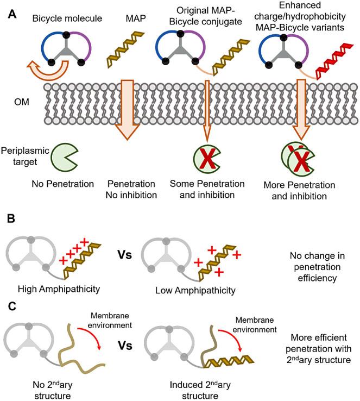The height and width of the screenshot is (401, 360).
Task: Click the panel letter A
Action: [x=12, y=14]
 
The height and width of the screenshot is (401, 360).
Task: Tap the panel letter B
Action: [x=11, y=219]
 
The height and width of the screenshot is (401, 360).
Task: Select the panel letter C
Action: [x=12, y=306]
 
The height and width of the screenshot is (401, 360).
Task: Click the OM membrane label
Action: [x=22, y=102]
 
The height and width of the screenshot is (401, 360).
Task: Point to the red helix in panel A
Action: [x=334, y=61]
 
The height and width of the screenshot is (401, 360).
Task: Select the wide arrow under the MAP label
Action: [x=127, y=110]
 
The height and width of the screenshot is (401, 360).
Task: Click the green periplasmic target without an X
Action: [x=65, y=157]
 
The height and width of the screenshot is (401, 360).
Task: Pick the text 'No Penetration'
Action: [x=62, y=184]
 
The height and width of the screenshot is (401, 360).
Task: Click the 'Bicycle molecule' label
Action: [x=67, y=18]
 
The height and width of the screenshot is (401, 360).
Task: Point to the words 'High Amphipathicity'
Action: [x=59, y=289]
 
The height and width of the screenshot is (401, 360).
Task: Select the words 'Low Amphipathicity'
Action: [x=195, y=291]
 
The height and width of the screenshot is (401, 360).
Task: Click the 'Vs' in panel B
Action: [x=124, y=255]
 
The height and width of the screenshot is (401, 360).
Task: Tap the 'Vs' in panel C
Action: [x=125, y=346]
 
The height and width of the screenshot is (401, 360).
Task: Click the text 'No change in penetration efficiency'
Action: [x=317, y=267]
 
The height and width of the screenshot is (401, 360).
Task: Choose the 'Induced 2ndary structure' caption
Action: [x=200, y=390]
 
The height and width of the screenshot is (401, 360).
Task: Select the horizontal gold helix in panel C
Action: [x=229, y=361]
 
